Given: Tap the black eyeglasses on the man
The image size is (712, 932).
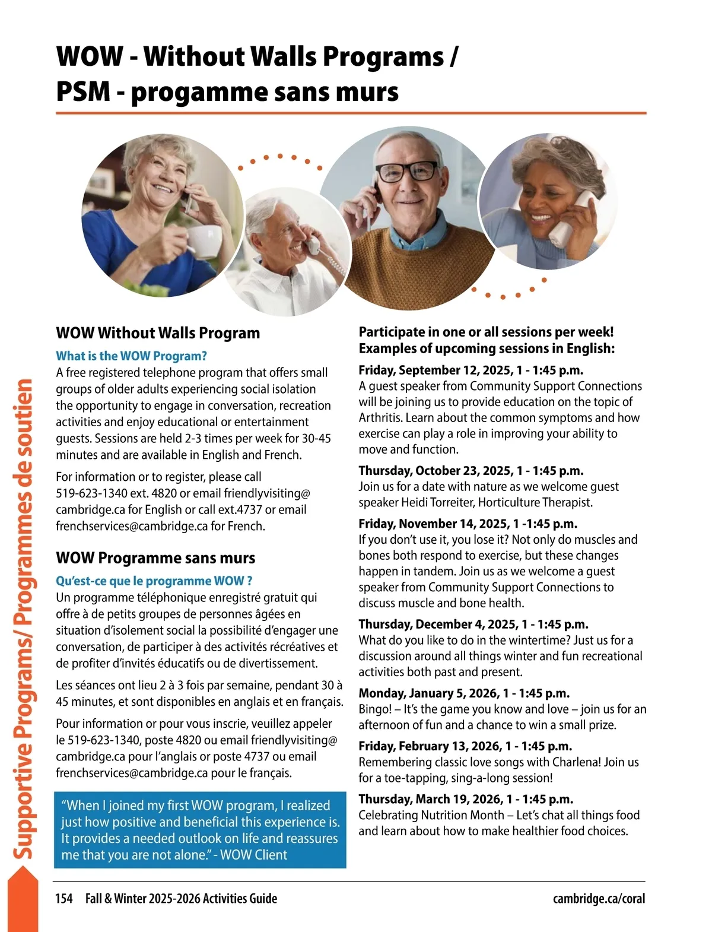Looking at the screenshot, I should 408,172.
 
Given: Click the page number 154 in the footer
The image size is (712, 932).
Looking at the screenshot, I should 64,898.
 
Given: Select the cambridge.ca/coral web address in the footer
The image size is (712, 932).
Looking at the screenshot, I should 599,898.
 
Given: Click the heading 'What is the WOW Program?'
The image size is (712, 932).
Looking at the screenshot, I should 131,356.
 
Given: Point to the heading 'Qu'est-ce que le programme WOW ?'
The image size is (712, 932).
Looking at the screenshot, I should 154,581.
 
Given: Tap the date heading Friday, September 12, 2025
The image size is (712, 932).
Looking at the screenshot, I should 471,370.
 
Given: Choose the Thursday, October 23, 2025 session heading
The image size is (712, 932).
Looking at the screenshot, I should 471,471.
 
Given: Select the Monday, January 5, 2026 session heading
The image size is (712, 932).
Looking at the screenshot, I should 464,693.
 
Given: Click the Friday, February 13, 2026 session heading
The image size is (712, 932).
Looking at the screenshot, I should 465,746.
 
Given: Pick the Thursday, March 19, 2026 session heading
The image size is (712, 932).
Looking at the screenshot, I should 466,799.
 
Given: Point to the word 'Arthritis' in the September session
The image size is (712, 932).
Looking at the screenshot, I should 380,417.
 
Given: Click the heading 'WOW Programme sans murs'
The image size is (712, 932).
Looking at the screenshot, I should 155,558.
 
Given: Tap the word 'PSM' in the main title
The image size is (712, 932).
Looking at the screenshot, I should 83,92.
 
